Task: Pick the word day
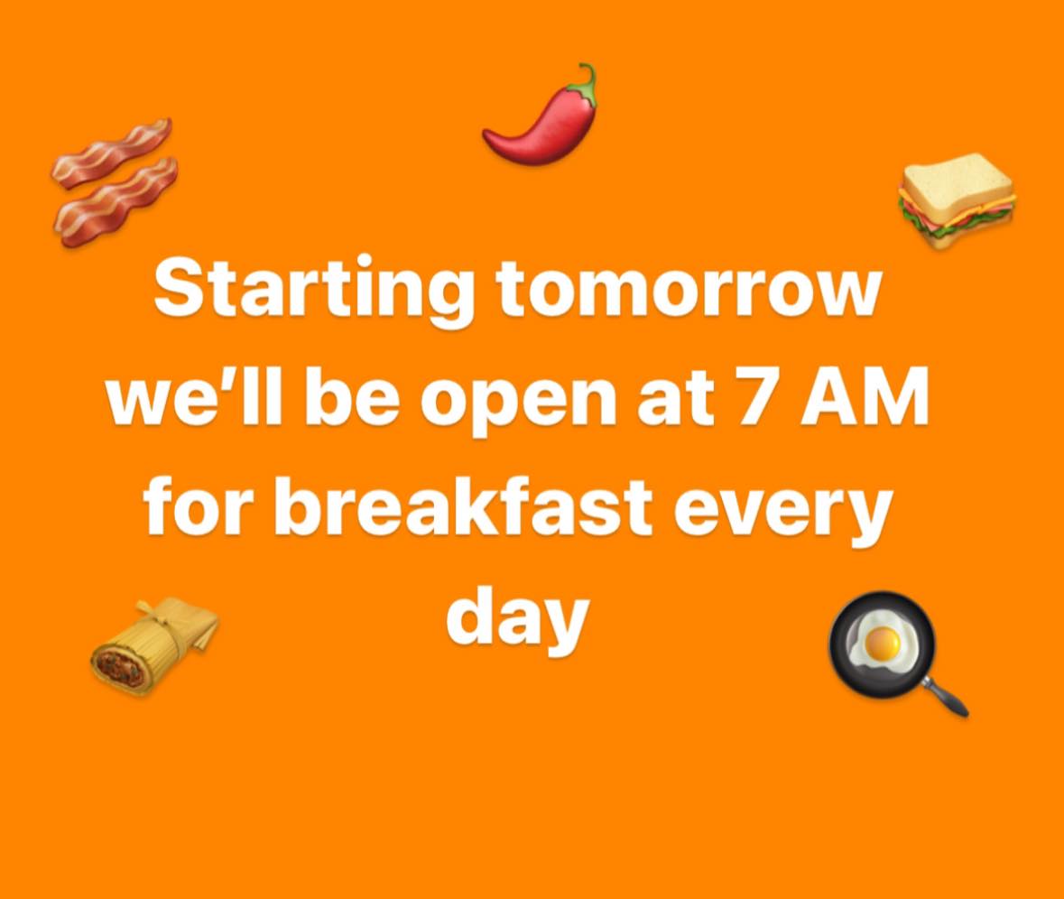[x=517, y=617]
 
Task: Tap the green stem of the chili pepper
[x=588, y=82]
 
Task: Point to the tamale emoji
[x=153, y=645]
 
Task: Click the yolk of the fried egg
[x=880, y=643]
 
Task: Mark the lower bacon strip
[x=117, y=202]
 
